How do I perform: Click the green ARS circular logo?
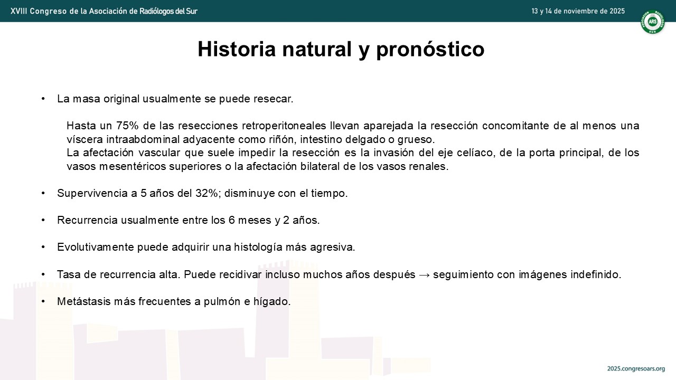pos(652,22)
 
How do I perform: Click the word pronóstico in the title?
pos(430,49)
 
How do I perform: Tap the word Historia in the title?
pos(237,49)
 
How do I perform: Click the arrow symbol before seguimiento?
pos(424,275)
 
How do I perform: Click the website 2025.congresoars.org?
pos(636,368)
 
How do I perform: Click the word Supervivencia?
pos(92,193)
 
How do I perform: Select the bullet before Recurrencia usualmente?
pos(43,220)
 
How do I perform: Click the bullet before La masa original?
pos(43,99)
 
